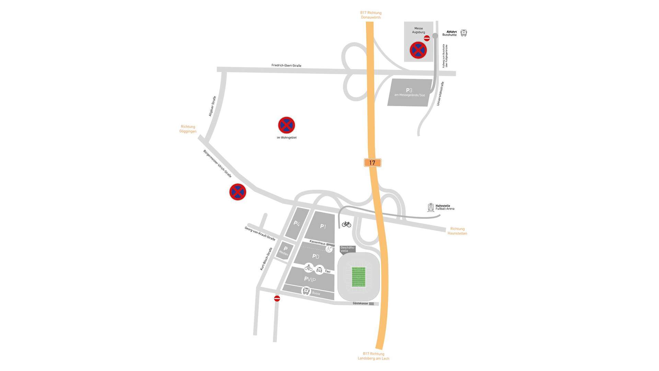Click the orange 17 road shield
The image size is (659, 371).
pyautogui.click(x=372, y=163)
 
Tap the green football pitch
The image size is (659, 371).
pyautogui.click(x=358, y=277)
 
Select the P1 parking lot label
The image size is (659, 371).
pyautogui.click(x=323, y=226)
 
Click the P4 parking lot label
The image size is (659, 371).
pyautogui.click(x=297, y=224)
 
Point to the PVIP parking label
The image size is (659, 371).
pyautogui.click(x=310, y=279)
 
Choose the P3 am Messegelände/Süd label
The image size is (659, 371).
pyautogui.click(x=409, y=92)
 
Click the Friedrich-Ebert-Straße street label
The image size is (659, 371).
pyautogui.click(x=286, y=65)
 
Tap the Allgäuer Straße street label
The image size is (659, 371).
pyautogui.click(x=212, y=106)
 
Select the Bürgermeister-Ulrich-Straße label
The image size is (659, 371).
pyautogui.click(x=217, y=164)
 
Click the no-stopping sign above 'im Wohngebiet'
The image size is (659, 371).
pyautogui.click(x=286, y=125)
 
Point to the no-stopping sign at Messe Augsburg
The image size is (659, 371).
pyautogui.click(x=418, y=50)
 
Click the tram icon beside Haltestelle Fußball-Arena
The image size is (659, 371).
pyautogui.click(x=431, y=207)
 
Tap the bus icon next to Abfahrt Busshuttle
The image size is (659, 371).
pyautogui.click(x=464, y=33)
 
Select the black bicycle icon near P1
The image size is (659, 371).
pyautogui.click(x=346, y=224)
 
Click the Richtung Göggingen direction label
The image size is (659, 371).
pyautogui.click(x=188, y=129)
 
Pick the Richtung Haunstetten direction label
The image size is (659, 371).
pyautogui.click(x=457, y=231)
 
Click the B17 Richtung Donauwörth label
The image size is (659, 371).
pyautogui.click(x=371, y=15)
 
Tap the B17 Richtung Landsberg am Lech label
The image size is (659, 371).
pyautogui.click(x=373, y=356)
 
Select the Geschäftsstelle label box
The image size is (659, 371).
pyautogui.click(x=347, y=249)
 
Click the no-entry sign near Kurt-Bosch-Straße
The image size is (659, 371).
pyautogui.click(x=277, y=299)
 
